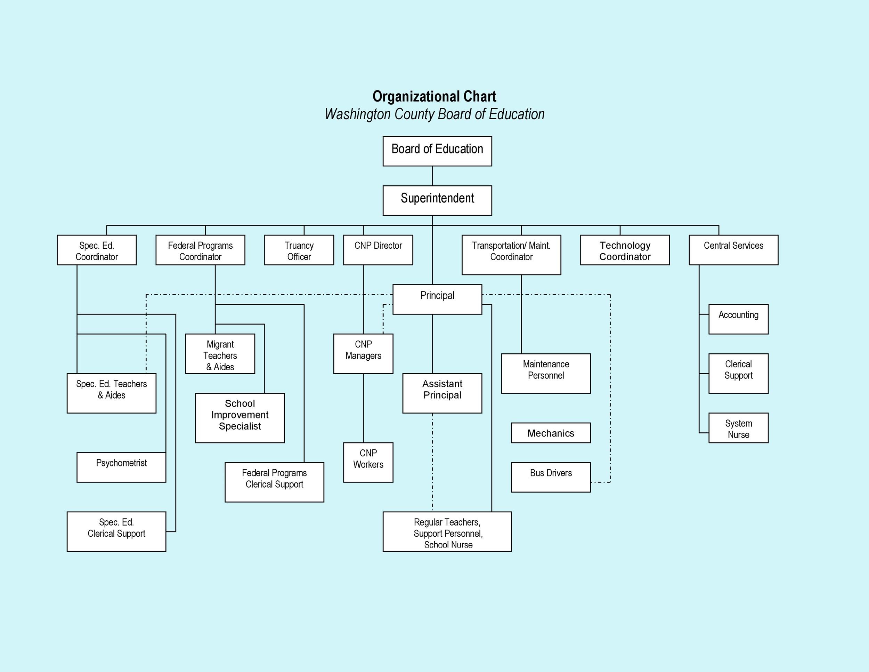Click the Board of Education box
tap(437, 151)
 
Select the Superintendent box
tap(437, 200)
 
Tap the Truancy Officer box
tap(299, 250)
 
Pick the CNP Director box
tap(377, 250)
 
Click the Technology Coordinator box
tap(625, 250)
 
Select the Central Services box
tap(733, 250)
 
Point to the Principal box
tap(437, 299)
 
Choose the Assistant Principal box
tap(442, 393)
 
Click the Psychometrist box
tap(121, 467)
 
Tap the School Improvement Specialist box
tap(239, 418)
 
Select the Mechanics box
tap(550, 433)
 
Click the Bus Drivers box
tap(550, 477)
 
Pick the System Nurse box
tap(738, 428)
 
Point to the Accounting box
tap(738, 319)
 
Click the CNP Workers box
tap(368, 462)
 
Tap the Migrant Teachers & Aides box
tap(220, 353)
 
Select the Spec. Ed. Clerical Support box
tap(116, 531)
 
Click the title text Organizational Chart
tap(434, 96)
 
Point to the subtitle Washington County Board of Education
tap(434, 114)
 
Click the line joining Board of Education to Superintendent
tap(432, 176)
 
